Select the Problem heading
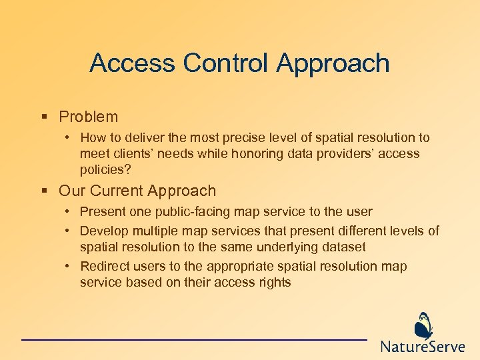click(x=88, y=117)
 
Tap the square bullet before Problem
click(x=44, y=117)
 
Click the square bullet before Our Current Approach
click(x=44, y=191)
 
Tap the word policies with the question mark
click(x=105, y=169)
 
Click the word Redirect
click(x=104, y=267)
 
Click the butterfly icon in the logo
click(x=423, y=326)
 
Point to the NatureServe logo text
click(x=424, y=347)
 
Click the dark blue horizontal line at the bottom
click(x=193, y=340)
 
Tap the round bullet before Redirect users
click(x=68, y=267)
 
